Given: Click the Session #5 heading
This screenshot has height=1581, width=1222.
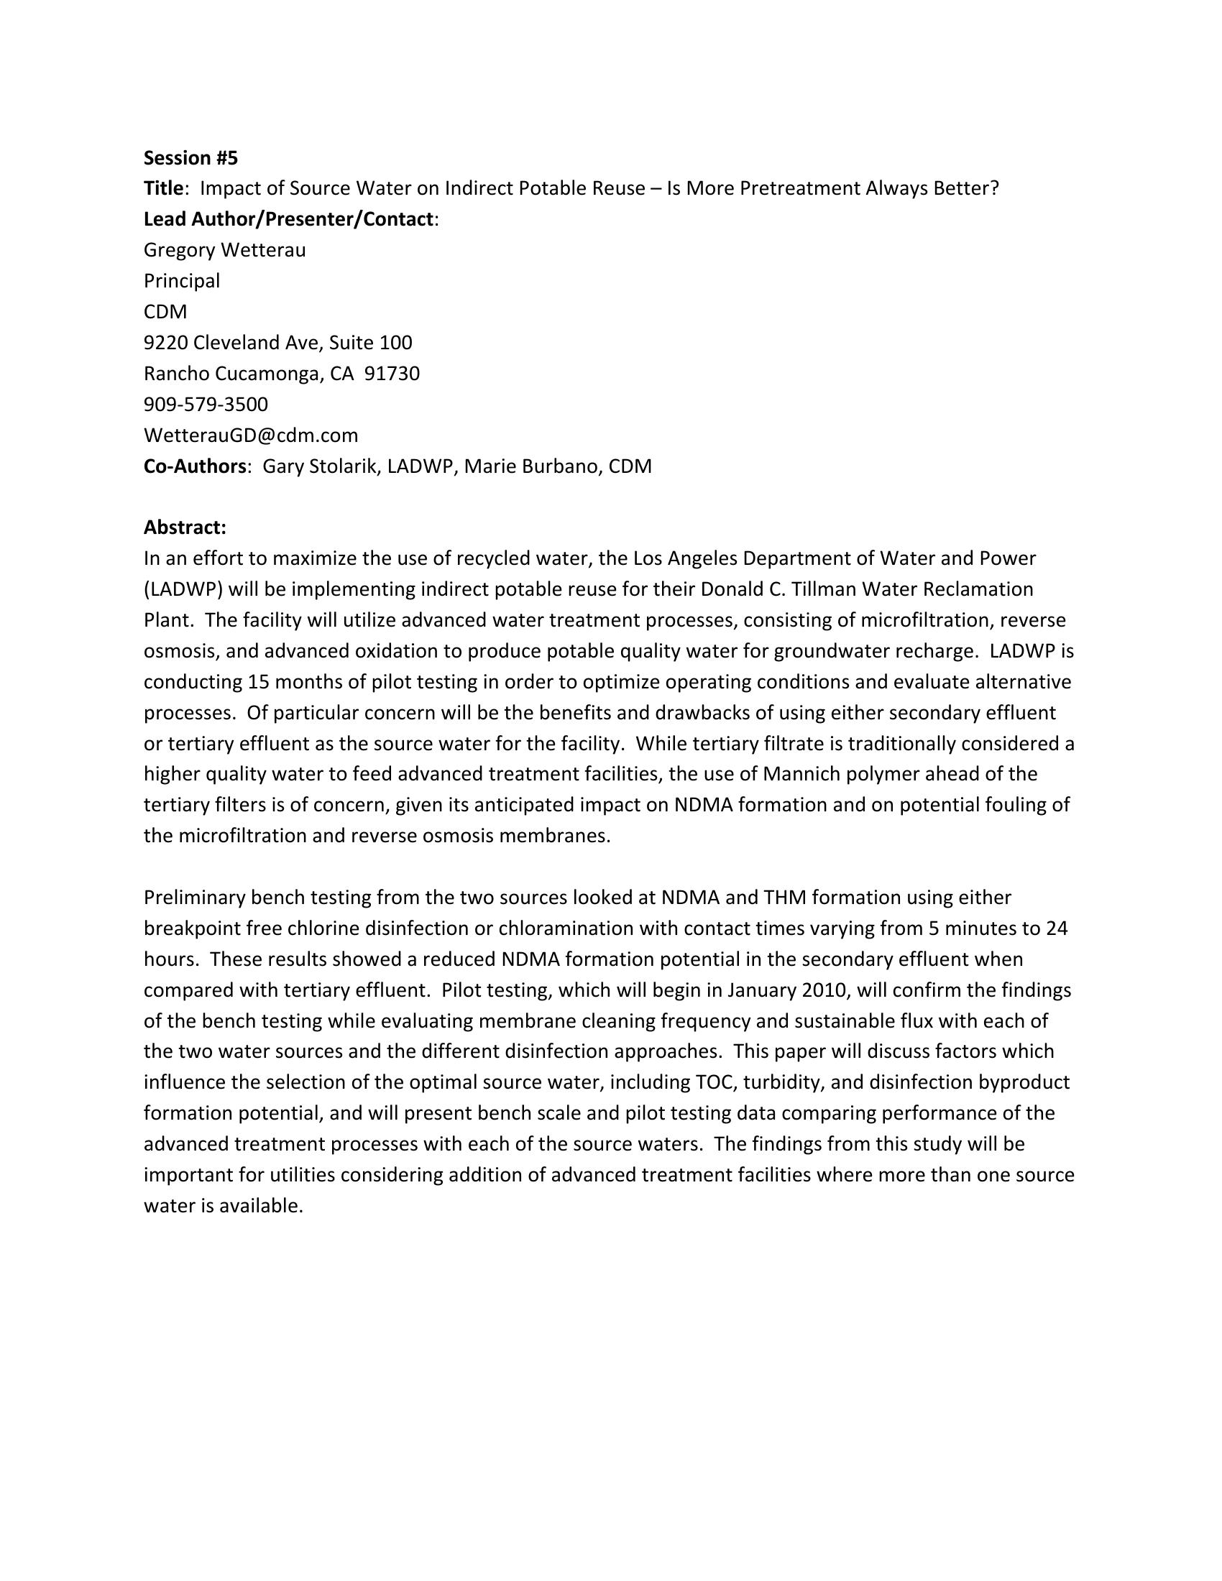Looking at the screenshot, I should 190,157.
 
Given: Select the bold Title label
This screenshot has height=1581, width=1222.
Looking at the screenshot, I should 163,188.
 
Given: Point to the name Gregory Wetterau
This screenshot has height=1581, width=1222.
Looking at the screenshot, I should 224,250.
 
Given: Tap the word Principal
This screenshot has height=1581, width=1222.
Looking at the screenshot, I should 182,281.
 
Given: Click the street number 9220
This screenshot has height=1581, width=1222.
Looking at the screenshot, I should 166,342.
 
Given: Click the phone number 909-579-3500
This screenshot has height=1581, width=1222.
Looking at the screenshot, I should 206,404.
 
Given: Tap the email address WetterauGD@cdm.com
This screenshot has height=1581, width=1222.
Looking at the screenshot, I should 250,435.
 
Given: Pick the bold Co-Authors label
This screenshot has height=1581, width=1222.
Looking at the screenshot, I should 195,466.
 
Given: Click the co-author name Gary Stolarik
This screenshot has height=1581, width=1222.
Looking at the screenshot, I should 320,466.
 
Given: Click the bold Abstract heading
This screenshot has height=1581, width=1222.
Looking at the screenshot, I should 185,527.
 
